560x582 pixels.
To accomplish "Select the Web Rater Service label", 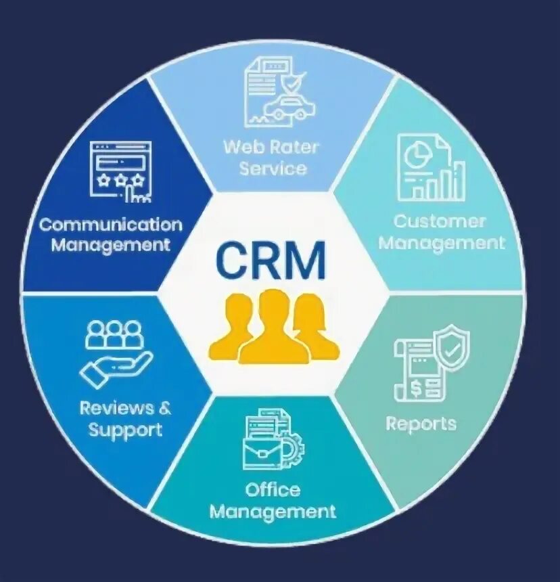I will coord(271,157).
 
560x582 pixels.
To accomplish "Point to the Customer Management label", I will coord(441,231).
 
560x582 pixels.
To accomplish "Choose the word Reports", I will coord(421,424).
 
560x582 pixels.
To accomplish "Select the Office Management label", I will coord(273,500).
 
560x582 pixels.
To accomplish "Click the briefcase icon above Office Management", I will coord(263,450).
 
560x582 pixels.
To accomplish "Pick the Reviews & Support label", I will coord(125,419).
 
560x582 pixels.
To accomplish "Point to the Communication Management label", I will coord(110,234).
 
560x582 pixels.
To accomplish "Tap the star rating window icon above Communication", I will coord(119,169).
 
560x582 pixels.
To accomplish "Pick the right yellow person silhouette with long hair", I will coord(314,328).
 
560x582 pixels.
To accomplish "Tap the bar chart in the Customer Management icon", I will coord(448,181).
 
